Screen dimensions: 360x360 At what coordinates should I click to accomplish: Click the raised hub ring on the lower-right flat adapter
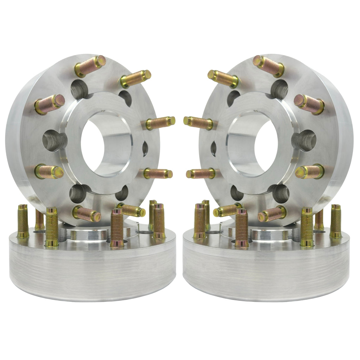click(x=267, y=234)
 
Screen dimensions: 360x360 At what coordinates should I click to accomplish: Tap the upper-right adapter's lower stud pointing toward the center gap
click(x=200, y=173)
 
